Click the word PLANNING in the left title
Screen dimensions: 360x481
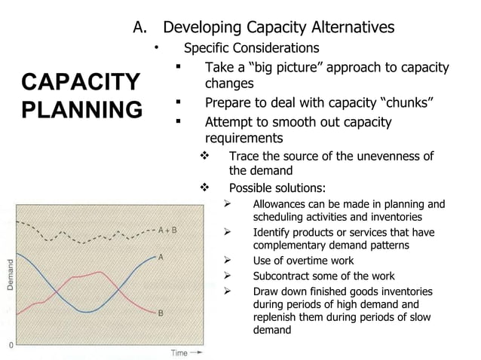(81, 110)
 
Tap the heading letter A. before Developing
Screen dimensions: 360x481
(141, 28)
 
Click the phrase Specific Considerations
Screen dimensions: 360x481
(252, 48)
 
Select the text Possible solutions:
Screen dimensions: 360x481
(277, 188)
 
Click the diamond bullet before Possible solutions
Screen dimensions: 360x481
(202, 188)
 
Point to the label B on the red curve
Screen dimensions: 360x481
(161, 314)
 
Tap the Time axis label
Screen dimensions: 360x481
(179, 352)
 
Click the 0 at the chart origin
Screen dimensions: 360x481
(11, 343)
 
